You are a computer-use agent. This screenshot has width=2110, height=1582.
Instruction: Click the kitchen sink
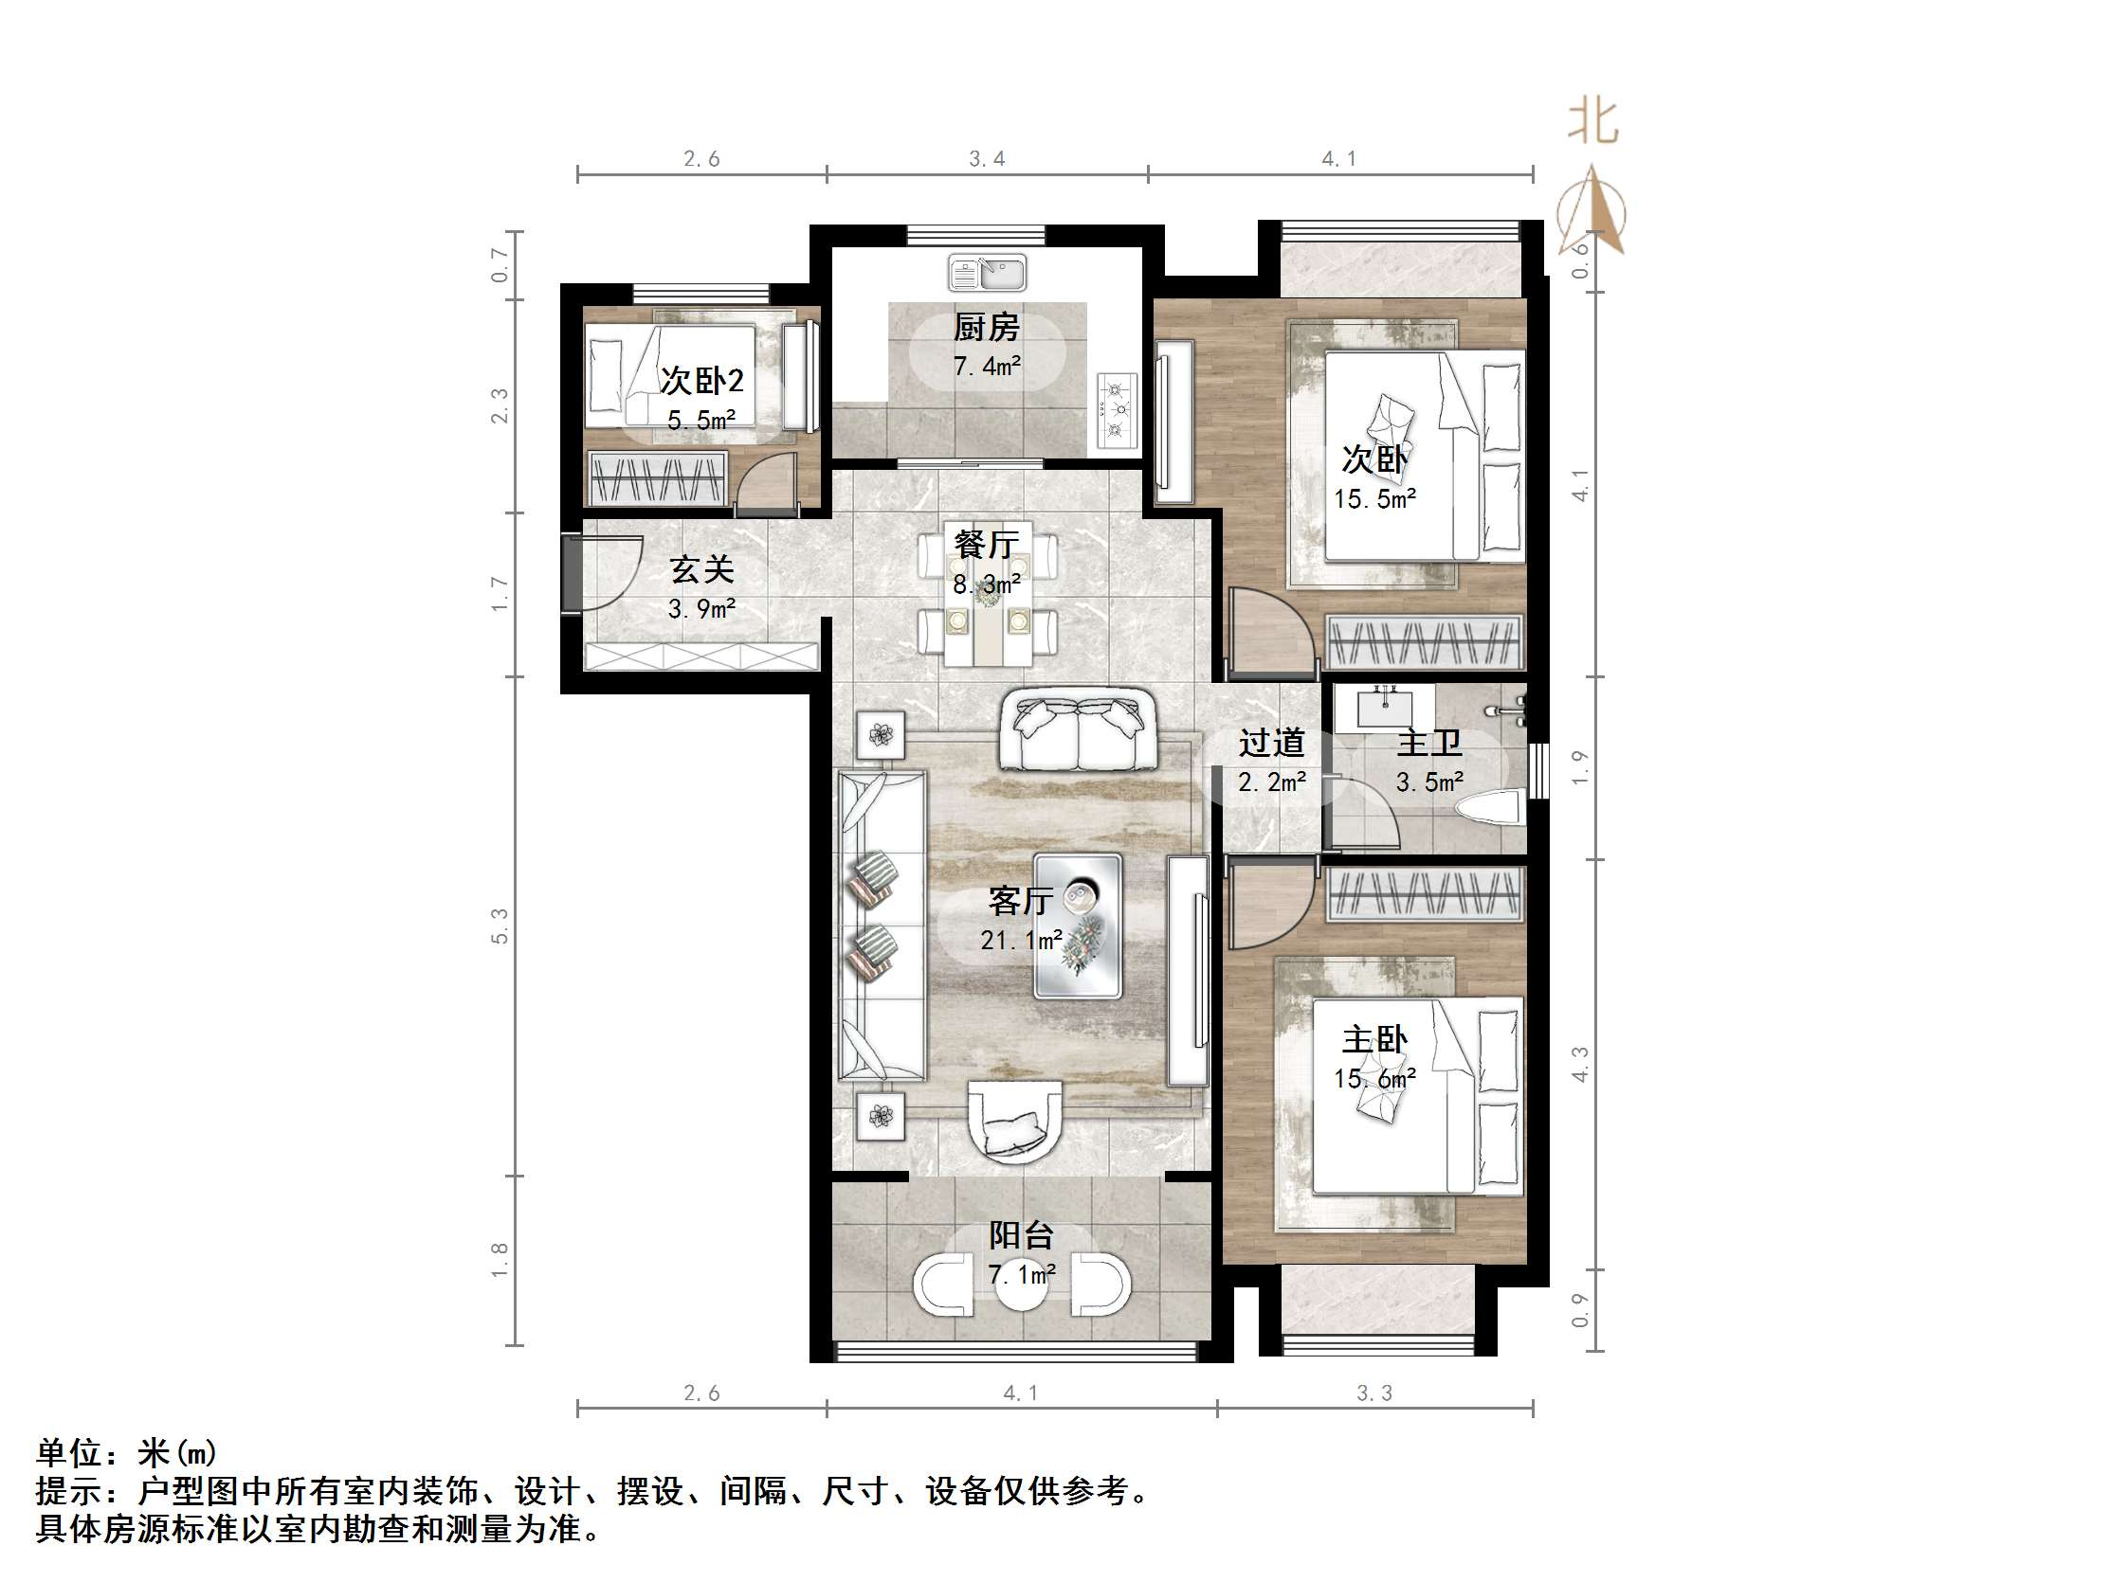(988, 273)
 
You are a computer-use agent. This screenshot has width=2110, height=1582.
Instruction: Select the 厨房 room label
(987, 327)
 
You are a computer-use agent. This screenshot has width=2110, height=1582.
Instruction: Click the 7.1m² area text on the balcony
(1021, 1274)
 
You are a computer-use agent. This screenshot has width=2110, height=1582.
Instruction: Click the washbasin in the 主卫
(1384, 707)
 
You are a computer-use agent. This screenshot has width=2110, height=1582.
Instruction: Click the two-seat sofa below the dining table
(1078, 732)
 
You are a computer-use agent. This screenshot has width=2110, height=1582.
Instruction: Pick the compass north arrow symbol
(1592, 210)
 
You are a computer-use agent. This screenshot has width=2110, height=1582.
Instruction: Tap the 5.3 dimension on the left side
(500, 925)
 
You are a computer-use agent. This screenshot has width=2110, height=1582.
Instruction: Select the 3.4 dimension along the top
(987, 159)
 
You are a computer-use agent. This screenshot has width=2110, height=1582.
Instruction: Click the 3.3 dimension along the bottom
(1373, 1393)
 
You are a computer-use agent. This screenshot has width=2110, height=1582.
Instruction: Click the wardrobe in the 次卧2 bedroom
(657, 478)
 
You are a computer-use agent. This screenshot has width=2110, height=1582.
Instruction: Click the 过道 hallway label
(1270, 742)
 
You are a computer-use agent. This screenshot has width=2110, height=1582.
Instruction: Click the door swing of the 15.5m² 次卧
(1268, 629)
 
